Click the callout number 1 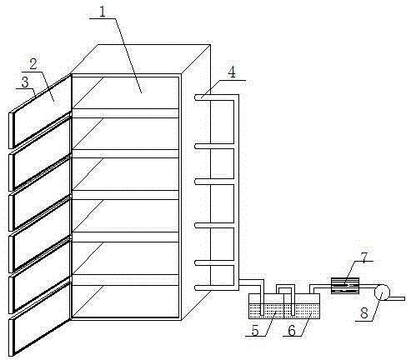pos(103,12)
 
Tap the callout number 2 pos(33,64)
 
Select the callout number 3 pos(25,82)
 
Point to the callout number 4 pos(232,72)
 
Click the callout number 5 pos(255,330)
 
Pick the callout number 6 pos(292,330)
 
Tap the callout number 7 pos(364,257)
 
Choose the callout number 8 pos(364,313)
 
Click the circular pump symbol pos(382,292)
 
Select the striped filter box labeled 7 pos(345,286)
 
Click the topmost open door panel pos(40,111)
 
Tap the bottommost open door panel pos(40,318)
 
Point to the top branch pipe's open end pos(196,97)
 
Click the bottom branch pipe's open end pos(196,288)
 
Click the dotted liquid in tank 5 pos(266,311)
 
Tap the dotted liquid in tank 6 pos(302,311)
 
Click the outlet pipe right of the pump pos(398,298)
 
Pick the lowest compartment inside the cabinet pos(125,301)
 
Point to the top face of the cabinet pos(140,59)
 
